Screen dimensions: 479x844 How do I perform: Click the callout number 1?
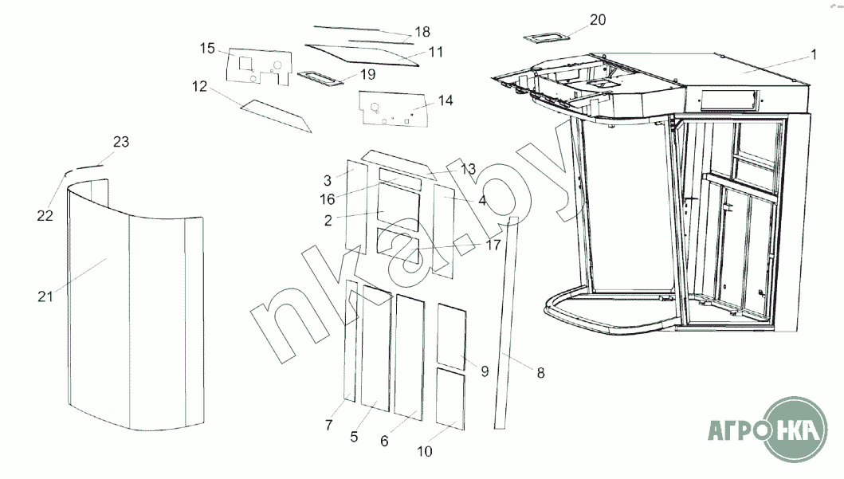coord(813,55)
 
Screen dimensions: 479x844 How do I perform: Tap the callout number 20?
coord(598,20)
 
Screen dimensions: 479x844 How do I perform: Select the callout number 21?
coord(45,296)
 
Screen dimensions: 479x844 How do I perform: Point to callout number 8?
coord(540,371)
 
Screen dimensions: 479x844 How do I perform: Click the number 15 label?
coord(207,49)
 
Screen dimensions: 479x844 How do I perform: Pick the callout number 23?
coord(121,142)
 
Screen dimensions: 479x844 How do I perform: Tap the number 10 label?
coord(424,451)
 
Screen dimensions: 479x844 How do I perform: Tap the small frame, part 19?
coord(320,77)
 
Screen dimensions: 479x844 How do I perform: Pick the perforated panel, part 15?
coord(259,65)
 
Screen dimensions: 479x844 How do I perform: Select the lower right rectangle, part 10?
coord(451,401)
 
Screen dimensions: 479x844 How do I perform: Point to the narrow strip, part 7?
coord(351,340)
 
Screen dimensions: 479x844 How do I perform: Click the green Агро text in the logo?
coord(736,433)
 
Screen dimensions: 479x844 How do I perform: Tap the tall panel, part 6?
coord(409,355)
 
